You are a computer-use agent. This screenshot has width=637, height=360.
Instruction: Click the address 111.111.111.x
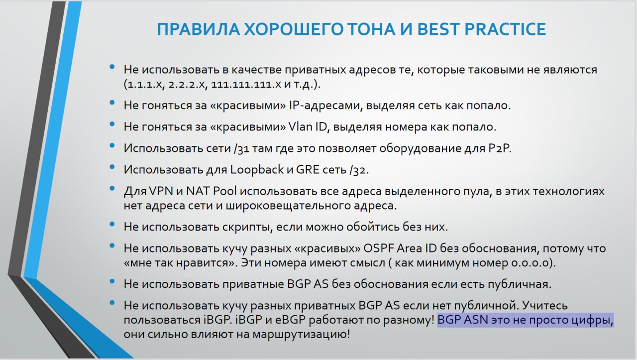click(x=246, y=84)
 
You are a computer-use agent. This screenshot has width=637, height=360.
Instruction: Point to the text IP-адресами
click(x=325, y=106)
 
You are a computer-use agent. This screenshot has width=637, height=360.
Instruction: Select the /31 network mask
click(x=241, y=148)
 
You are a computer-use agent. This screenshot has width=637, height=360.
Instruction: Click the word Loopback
click(x=256, y=170)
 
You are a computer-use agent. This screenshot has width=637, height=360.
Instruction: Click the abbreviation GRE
click(x=308, y=170)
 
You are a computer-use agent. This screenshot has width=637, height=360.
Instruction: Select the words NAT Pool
click(x=211, y=191)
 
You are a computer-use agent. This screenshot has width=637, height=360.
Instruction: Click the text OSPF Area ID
click(x=400, y=248)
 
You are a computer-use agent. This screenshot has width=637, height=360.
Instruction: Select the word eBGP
click(x=290, y=320)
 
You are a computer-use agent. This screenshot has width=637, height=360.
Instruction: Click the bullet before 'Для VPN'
click(x=112, y=188)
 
